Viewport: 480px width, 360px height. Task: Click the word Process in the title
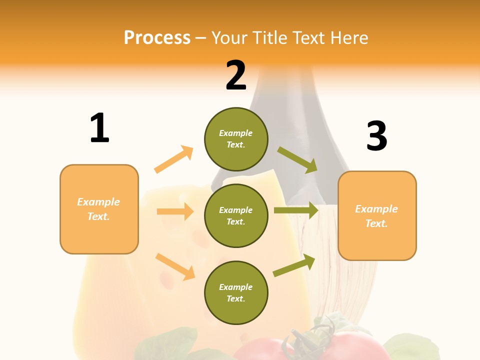click(x=157, y=38)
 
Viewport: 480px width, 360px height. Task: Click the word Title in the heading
click(x=268, y=38)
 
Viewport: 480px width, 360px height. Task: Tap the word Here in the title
click(x=348, y=38)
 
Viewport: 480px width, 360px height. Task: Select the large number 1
click(x=99, y=128)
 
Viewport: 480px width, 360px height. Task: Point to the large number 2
click(x=236, y=75)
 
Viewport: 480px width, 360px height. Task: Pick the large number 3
click(x=376, y=136)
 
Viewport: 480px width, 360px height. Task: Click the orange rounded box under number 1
click(x=99, y=209)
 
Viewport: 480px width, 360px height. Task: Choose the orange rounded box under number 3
click(x=377, y=215)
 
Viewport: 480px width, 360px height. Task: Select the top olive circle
click(x=236, y=139)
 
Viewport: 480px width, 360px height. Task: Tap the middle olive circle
click(x=236, y=215)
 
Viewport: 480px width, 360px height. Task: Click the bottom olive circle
click(x=236, y=292)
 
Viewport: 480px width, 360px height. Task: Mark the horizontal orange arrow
click(x=175, y=211)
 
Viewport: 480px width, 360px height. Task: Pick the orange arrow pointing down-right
click(x=175, y=266)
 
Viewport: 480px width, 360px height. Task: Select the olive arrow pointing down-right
click(x=297, y=159)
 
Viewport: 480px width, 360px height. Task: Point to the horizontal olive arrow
click(x=296, y=210)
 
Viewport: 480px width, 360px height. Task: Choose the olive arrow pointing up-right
click(x=294, y=265)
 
